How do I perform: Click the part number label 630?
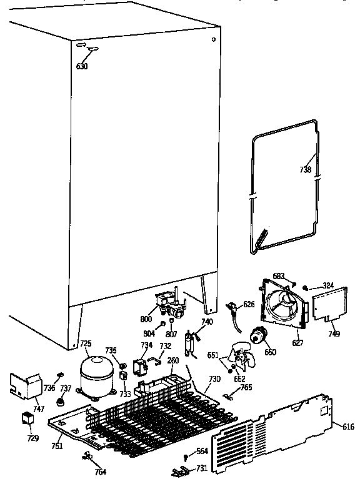[x=82, y=66]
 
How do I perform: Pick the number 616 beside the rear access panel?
[x=348, y=427]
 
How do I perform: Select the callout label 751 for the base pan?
[x=57, y=446]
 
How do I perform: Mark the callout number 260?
[x=173, y=360]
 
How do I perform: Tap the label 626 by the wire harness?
[x=249, y=304]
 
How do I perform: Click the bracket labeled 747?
[x=22, y=387]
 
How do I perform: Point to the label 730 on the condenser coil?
[x=214, y=380]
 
